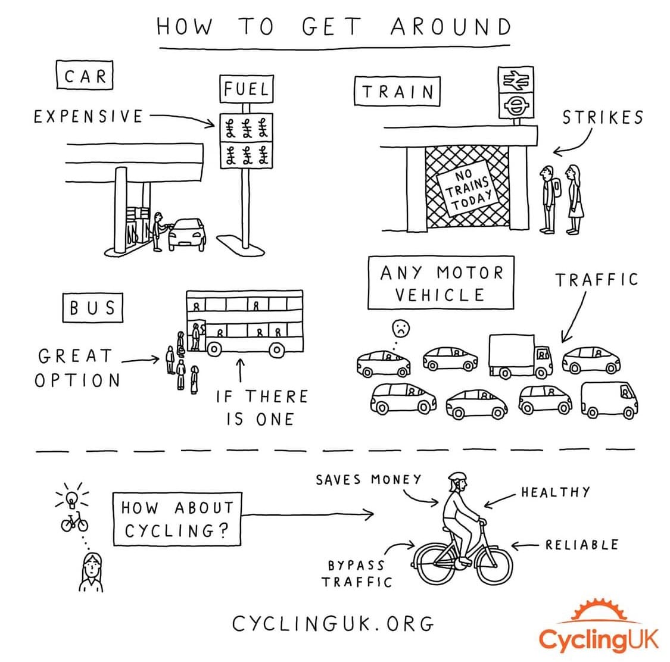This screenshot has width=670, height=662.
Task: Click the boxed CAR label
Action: (x=85, y=76)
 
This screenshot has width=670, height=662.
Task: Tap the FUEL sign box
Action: (x=246, y=89)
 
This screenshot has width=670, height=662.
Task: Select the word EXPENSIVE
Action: (x=89, y=116)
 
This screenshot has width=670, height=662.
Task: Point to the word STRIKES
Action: (x=603, y=117)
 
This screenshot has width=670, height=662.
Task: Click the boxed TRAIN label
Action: (x=397, y=92)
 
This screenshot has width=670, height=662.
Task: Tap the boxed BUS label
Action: (x=92, y=307)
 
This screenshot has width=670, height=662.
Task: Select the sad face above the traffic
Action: (x=400, y=329)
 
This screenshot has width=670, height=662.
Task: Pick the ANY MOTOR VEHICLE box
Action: (x=441, y=283)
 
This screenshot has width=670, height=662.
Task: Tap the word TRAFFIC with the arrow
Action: (x=596, y=280)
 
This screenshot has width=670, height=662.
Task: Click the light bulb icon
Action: (x=72, y=498)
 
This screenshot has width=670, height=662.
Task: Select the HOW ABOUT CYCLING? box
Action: (x=177, y=519)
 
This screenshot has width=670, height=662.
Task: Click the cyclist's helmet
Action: (x=457, y=477)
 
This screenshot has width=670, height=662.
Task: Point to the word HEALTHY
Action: (x=555, y=492)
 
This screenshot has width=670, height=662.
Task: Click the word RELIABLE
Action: (x=581, y=544)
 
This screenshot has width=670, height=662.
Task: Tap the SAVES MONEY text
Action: (x=368, y=480)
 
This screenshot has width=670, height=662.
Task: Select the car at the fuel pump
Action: (x=187, y=234)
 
